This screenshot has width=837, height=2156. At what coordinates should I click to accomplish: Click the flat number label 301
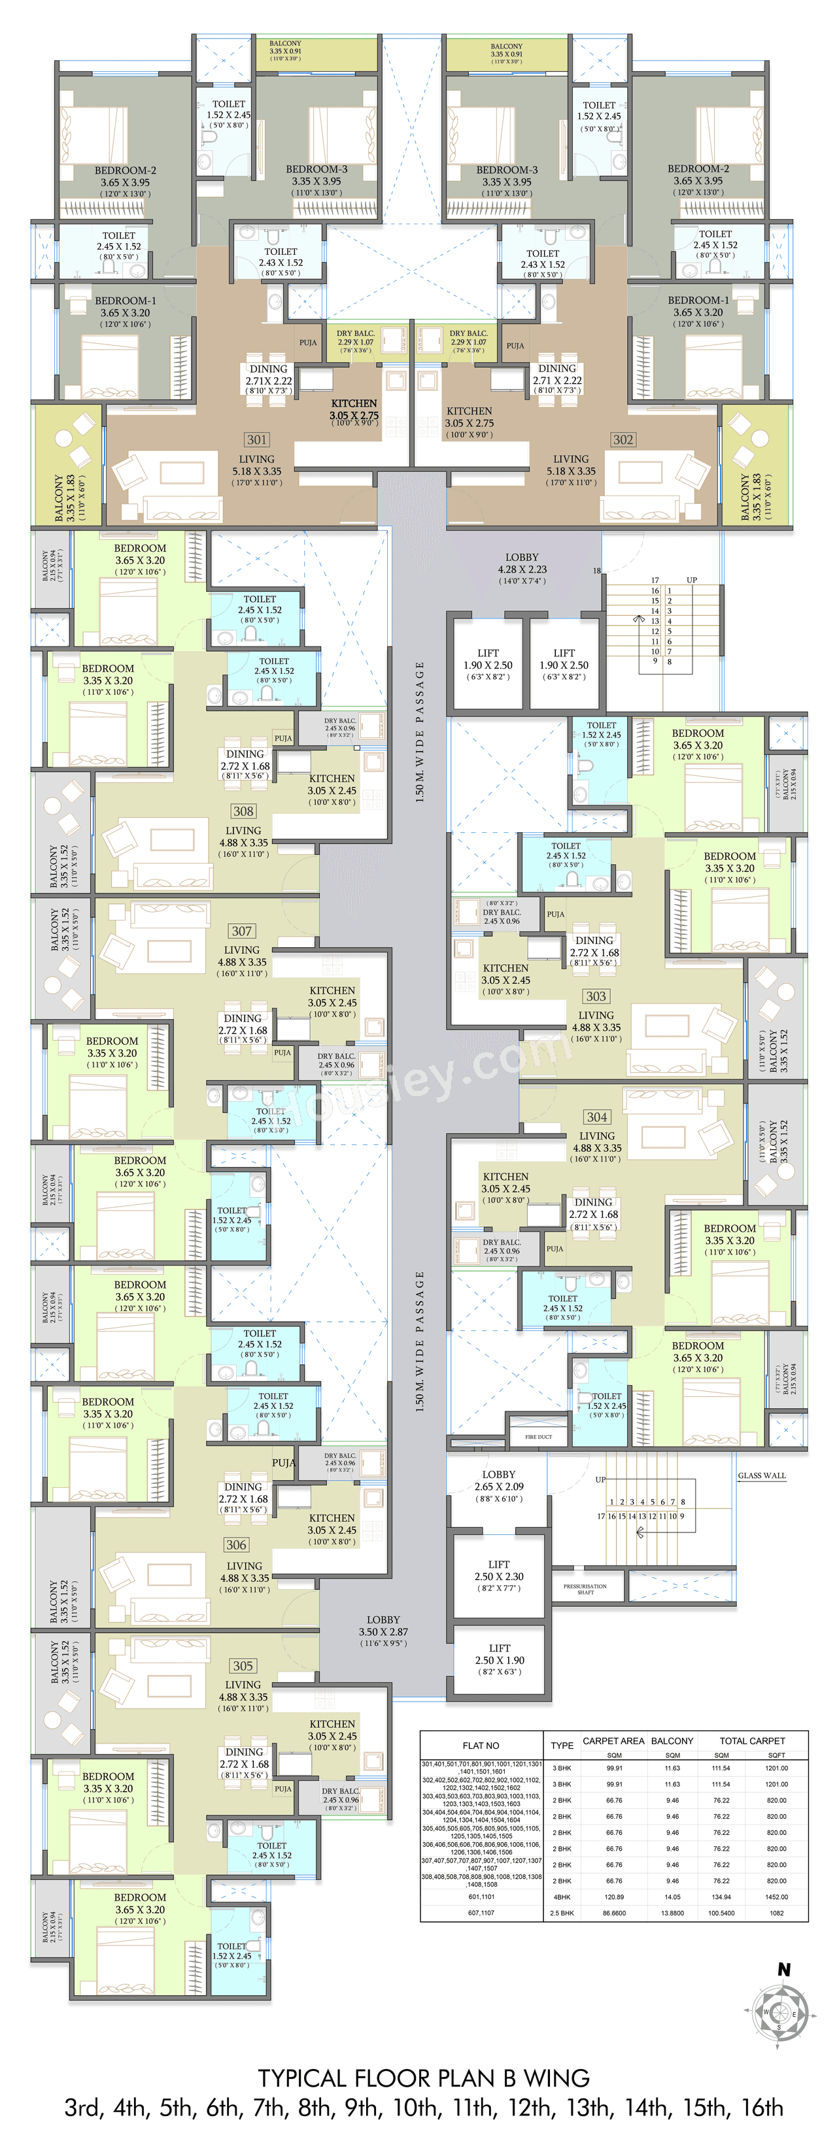coord(257,439)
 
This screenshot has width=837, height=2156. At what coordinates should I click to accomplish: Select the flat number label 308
coord(243,811)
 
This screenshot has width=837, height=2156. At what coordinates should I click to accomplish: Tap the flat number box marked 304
coord(597,1117)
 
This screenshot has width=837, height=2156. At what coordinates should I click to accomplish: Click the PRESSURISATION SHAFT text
coord(585,1589)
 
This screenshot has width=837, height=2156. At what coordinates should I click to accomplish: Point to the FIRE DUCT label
coord(538,1437)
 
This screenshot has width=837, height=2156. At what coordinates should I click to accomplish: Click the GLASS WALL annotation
coord(762,1475)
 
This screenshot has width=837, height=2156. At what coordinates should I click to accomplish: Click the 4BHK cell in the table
coord(562,1897)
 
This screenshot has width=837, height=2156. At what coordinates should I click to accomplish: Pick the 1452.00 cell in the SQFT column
coord(776,1897)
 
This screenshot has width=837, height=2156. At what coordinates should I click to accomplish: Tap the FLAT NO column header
coord(481,1745)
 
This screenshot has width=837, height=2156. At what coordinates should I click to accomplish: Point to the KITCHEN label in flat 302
coord(469,411)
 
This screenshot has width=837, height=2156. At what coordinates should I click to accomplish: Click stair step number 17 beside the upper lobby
coord(655,580)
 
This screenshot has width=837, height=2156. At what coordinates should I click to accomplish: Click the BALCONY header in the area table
coord(672,1740)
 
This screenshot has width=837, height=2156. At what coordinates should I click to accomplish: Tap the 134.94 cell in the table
coord(721,1897)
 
